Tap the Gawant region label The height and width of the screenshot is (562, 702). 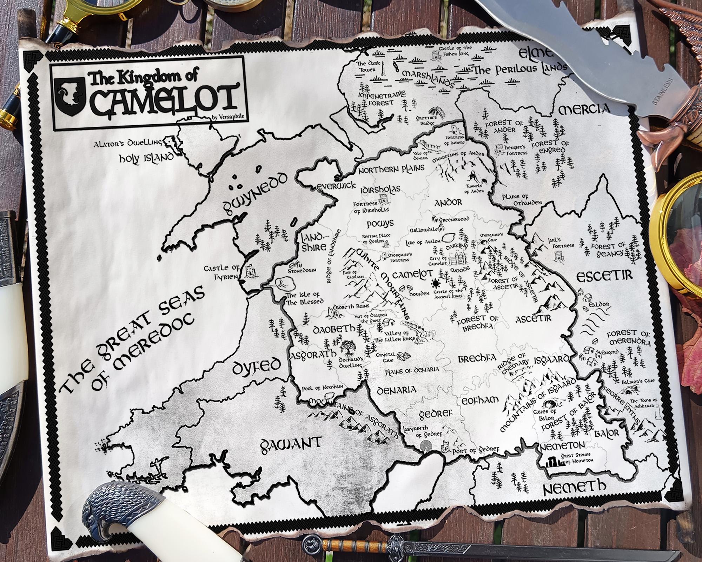point(290,443)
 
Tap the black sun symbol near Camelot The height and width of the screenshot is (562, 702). point(436,283)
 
